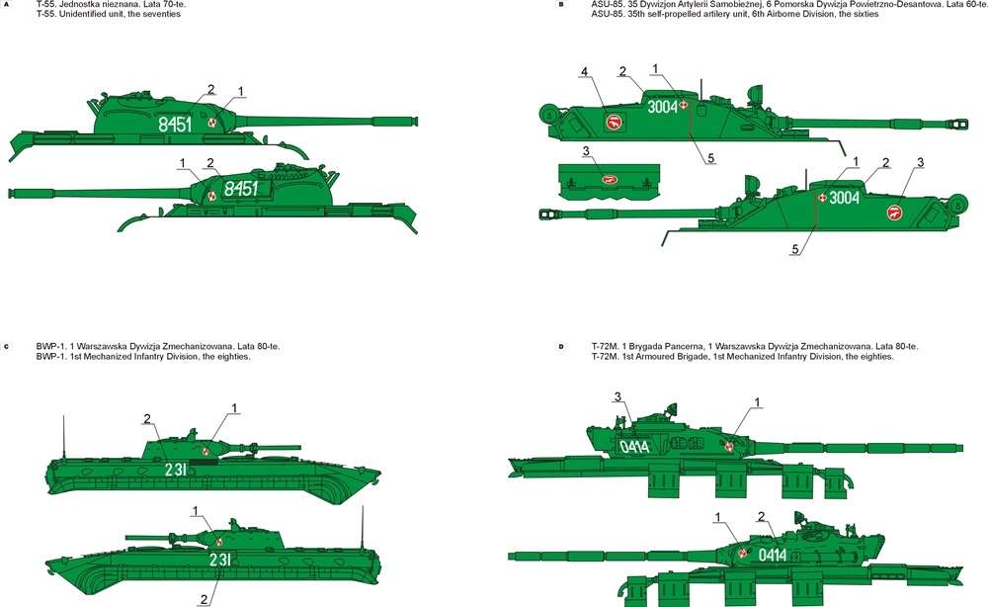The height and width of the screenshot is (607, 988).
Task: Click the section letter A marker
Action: click(7, 4)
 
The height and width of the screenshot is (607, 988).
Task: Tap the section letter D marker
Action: click(561, 347)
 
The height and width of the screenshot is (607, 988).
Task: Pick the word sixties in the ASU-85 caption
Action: click(864, 14)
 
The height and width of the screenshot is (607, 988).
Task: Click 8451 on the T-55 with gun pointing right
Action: click(175, 125)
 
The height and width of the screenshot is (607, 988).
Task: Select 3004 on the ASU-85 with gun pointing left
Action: click(844, 198)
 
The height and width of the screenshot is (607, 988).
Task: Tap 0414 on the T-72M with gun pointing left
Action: click(772, 555)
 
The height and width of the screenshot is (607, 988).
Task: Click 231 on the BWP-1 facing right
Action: click(175, 470)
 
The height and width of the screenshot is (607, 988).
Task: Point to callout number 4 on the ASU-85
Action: click(585, 72)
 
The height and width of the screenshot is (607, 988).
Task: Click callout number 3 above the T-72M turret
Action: click(617, 397)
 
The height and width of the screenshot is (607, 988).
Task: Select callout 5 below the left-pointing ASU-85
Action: click(795, 249)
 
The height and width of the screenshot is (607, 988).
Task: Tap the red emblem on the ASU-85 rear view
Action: click(608, 179)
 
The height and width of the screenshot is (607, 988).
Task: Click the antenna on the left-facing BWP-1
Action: click(362, 527)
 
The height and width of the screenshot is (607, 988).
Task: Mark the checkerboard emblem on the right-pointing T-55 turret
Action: click(211, 123)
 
